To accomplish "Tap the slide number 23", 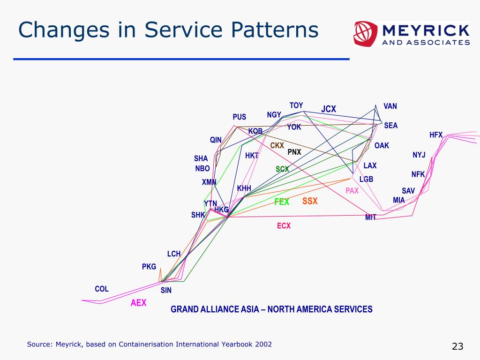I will (x=457, y=346).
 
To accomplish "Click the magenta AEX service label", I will (x=138, y=303).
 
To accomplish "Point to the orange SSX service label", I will (x=310, y=201).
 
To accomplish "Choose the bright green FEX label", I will (x=282, y=202).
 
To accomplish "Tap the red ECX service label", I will (x=284, y=226).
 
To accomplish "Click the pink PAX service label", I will (x=352, y=191).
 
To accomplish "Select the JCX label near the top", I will (x=329, y=109).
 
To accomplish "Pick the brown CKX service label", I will (x=277, y=146).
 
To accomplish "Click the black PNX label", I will (x=294, y=152).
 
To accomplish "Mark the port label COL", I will (x=102, y=289).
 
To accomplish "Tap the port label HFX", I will (x=436, y=135).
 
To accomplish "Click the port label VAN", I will (x=390, y=106).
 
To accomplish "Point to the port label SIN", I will (x=166, y=291).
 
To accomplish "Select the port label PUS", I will (x=239, y=117).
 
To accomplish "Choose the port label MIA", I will (x=398, y=200).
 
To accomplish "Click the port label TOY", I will (x=296, y=105).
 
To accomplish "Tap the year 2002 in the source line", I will (x=263, y=345).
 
